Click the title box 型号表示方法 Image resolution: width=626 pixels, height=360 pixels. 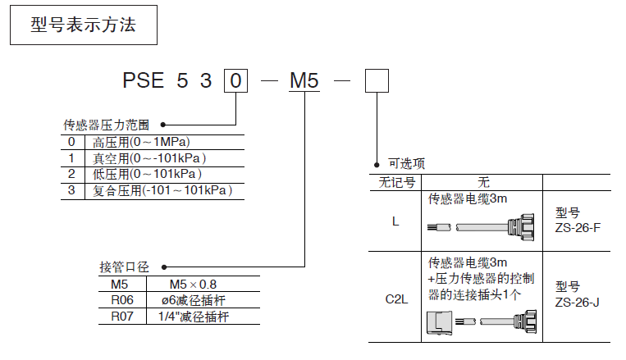(82, 26)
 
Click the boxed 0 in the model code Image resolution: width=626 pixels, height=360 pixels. (235, 80)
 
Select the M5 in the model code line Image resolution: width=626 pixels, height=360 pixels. (304, 80)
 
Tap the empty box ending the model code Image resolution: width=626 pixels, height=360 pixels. (376, 80)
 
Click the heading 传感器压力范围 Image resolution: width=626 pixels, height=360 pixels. (107, 125)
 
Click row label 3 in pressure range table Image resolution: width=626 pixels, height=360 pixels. (71, 190)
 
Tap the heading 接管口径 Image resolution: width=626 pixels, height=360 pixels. (124, 267)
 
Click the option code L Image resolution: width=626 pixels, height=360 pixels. (396, 221)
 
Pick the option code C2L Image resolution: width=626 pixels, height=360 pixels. (396, 300)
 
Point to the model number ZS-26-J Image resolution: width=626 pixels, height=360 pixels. (577, 302)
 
